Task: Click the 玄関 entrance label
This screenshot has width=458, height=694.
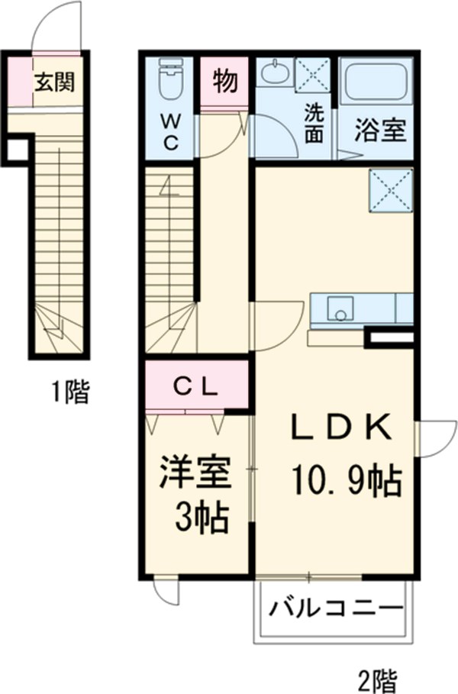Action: [53, 81]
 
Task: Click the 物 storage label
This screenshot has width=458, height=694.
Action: [224, 80]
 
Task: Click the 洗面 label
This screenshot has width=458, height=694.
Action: [314, 123]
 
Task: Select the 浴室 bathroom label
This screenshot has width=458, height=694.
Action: [379, 129]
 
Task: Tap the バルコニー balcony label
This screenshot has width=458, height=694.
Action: [334, 610]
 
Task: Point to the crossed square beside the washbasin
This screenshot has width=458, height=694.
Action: [313, 74]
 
